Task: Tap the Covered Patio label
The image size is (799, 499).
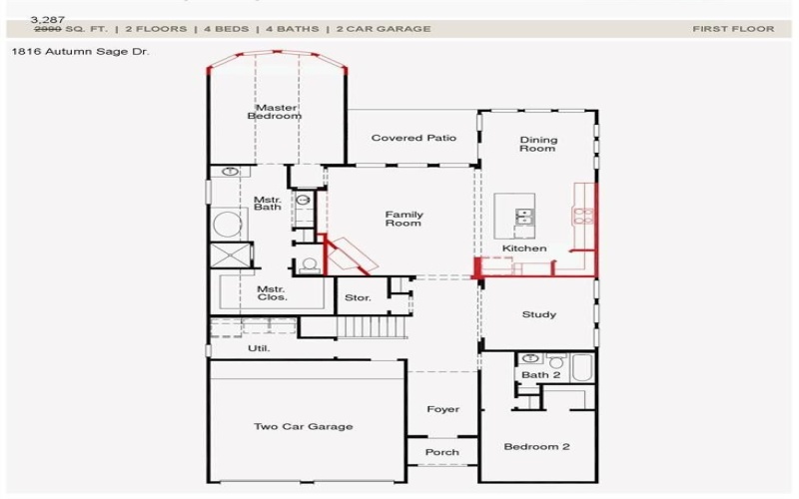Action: [x=413, y=138]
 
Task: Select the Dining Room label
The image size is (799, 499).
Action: [x=538, y=145]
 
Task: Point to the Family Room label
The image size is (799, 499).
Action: [x=404, y=219]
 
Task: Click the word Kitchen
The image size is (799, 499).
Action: [x=524, y=248]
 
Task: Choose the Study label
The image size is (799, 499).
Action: [x=539, y=314]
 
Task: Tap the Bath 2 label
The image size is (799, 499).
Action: [x=541, y=375]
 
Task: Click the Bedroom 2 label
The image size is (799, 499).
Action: [x=536, y=446]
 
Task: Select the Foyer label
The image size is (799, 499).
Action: [x=442, y=409]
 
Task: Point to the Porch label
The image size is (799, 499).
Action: [x=442, y=452]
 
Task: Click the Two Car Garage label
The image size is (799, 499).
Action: [x=303, y=426]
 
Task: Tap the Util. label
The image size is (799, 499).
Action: [x=259, y=348]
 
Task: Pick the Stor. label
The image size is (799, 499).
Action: [x=358, y=297]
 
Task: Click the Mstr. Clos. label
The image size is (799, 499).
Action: [x=272, y=292]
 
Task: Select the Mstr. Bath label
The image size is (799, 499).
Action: [x=267, y=203]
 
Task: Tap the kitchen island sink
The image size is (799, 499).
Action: [x=523, y=215]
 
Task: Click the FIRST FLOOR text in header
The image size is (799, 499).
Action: [x=733, y=29]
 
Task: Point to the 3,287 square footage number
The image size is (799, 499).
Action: [x=48, y=19]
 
